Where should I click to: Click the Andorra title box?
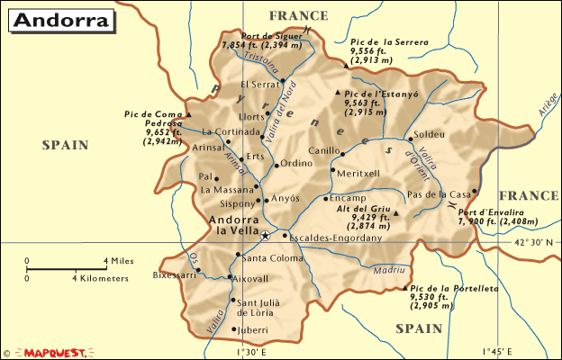(x=61, y=20)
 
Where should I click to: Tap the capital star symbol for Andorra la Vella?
(x=266, y=236)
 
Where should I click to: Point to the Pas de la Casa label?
(x=439, y=193)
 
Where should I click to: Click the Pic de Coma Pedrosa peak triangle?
(x=189, y=115)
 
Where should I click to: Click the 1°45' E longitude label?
(x=500, y=352)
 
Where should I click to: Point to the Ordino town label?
(x=296, y=164)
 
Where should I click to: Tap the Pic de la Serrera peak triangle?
(x=340, y=42)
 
